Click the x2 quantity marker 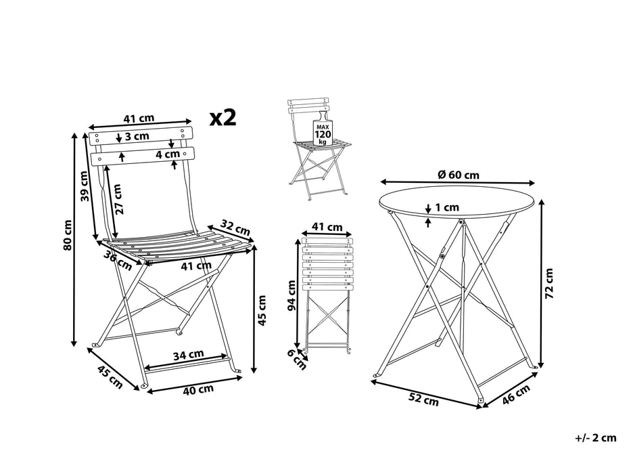(x=223, y=117)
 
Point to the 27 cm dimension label (x=117, y=199)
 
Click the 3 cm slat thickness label (x=137, y=136)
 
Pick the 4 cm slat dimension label (x=168, y=154)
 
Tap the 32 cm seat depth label (x=235, y=228)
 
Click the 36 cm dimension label (x=118, y=261)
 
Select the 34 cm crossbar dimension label (x=188, y=355)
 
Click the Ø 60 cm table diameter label (x=459, y=175)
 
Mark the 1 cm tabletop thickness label (x=447, y=207)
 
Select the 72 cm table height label (x=548, y=283)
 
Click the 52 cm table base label (x=424, y=399)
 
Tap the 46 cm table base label (x=516, y=394)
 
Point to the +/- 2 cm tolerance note (x=596, y=437)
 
